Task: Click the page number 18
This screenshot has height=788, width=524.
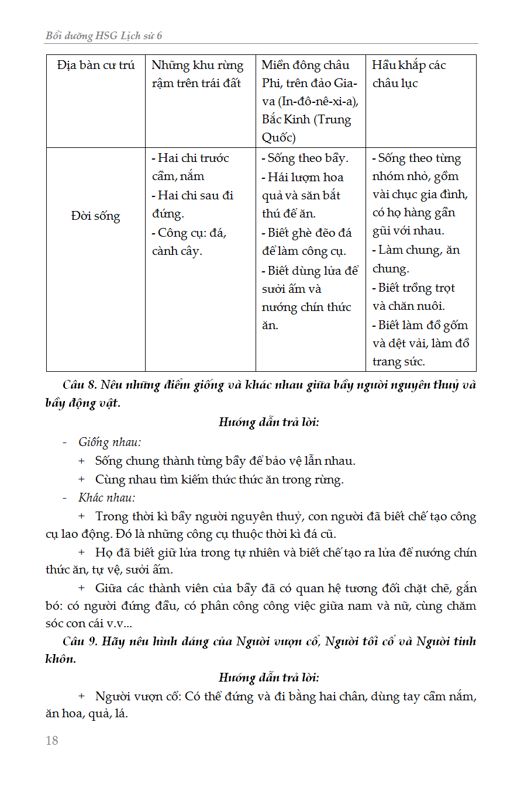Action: pos(52,741)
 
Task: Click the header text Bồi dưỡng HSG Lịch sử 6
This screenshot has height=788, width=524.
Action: pos(104,36)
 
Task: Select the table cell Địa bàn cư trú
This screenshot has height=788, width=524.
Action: pos(96,65)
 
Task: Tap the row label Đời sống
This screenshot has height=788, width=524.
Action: pos(95,216)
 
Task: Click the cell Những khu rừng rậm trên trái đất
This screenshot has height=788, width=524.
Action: pos(197,74)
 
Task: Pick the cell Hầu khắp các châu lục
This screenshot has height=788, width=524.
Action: pos(409,74)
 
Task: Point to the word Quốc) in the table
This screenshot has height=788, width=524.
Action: pos(278,138)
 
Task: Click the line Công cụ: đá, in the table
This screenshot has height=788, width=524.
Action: pos(189,232)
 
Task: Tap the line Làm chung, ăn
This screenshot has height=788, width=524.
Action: pos(416,250)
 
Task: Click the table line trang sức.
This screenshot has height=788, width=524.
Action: pos(398,361)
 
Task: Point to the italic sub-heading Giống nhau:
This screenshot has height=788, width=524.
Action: pos(109,442)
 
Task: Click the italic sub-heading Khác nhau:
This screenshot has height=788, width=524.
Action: pos(107,497)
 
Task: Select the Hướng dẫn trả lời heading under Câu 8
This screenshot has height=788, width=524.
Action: pos(269,422)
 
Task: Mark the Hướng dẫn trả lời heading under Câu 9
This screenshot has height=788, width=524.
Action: pos(269,678)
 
